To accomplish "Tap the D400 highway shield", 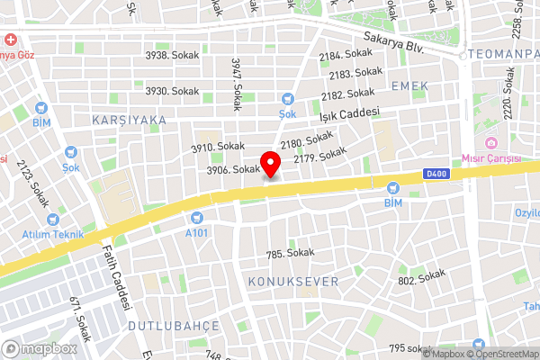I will point(436,175).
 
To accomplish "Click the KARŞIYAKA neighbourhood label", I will point(129,119).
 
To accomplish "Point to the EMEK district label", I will point(409,85).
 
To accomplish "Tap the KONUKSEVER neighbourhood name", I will point(292,282).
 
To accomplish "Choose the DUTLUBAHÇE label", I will point(174,324).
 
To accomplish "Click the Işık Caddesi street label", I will point(351,116).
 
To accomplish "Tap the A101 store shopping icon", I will point(196,218).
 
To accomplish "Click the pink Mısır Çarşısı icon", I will point(491,144).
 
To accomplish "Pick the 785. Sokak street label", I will point(291,254).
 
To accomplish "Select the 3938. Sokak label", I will point(172,55).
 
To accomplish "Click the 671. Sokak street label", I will point(82,319).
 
